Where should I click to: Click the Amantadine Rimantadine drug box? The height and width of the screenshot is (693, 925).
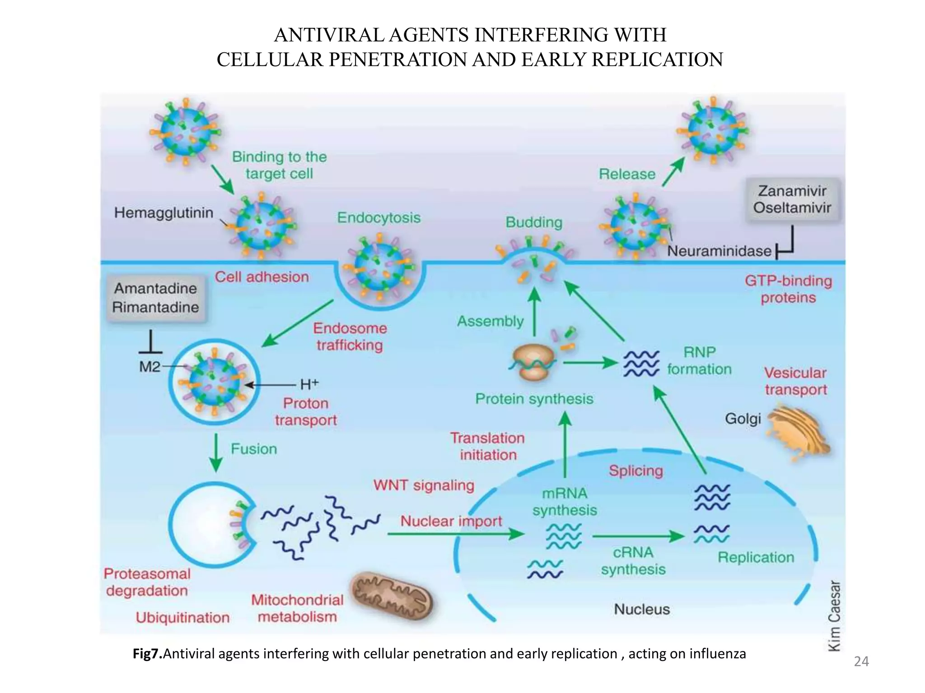(155, 298)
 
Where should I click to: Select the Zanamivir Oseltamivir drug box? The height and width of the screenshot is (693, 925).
(792, 199)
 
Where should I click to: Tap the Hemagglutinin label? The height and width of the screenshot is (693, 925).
(164, 213)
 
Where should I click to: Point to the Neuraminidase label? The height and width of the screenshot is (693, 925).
(719, 251)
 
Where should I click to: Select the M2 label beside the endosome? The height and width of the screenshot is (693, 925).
(149, 366)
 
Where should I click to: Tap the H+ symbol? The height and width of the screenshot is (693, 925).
(309, 384)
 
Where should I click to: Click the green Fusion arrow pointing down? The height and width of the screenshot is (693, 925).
(216, 453)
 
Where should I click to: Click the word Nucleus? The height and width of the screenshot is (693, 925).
(641, 610)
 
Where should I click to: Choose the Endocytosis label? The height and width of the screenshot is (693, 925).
(378, 217)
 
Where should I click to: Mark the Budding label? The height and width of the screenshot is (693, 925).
(534, 222)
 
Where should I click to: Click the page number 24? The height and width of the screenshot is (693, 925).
(861, 661)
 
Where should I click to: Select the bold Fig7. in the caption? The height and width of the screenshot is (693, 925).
(147, 654)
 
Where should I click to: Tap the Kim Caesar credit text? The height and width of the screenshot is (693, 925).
(834, 616)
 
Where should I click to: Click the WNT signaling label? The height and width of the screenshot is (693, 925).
(424, 485)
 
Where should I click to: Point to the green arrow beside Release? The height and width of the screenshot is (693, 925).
(673, 171)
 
